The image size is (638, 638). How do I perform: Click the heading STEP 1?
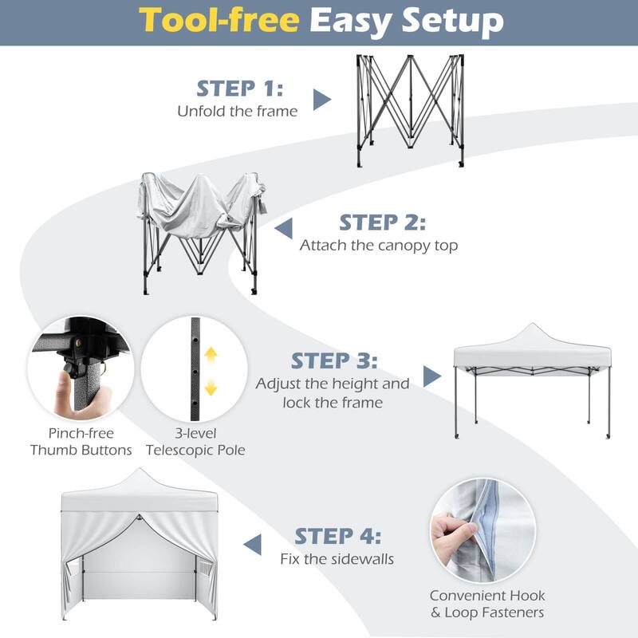coord(240,88)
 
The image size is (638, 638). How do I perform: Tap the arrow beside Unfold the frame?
coord(321,99)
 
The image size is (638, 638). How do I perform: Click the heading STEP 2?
coord(383,222)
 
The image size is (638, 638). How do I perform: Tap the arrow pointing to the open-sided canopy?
coord(431,377)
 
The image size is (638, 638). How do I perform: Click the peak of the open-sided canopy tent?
coord(533,328)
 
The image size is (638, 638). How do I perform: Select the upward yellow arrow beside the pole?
coord(211,356)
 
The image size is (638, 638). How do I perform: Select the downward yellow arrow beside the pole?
coord(211,388)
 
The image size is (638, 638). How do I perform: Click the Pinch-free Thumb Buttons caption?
coord(81,442)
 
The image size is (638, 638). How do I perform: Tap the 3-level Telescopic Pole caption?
coord(195,442)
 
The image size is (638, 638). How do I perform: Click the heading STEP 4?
coord(338,535)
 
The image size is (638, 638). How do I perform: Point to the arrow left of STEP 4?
coord(252,545)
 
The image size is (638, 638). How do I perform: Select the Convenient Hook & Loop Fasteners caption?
coord(487,604)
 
